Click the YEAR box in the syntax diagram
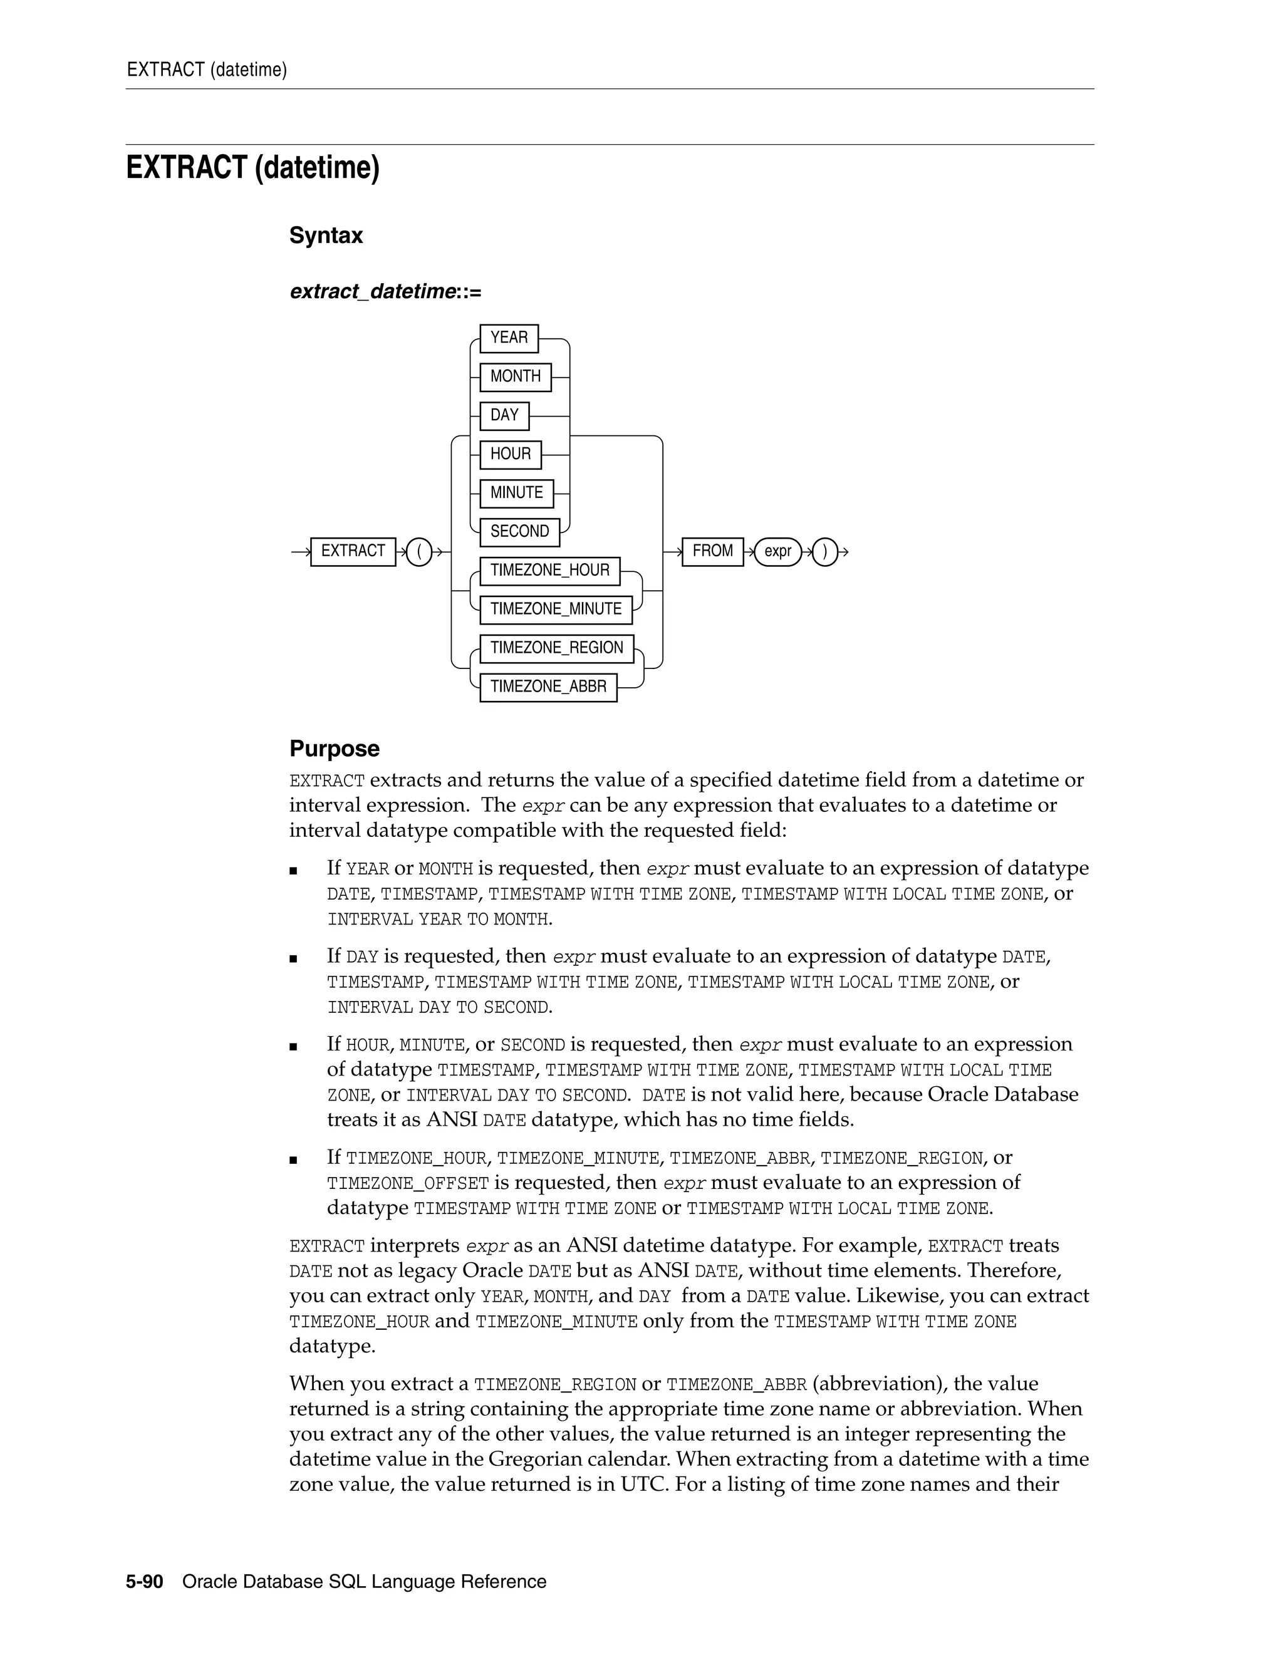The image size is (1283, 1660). pos(509,338)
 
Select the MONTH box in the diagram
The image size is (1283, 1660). pos(516,377)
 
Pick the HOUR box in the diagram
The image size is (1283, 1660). pos(510,455)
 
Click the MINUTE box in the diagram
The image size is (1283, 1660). pos(516,493)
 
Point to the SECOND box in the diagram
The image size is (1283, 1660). pos(519,532)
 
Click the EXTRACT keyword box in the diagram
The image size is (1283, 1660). pos(353,551)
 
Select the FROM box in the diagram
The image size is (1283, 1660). pos(712,551)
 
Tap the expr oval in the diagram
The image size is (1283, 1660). pos(777,551)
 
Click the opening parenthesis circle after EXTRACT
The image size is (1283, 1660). pos(419,551)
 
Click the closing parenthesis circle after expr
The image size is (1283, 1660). pos(824,551)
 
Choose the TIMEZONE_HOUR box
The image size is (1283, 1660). pos(549,571)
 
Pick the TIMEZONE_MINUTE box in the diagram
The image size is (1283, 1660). pos(556,610)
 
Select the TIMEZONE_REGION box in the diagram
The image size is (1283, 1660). pos(556,648)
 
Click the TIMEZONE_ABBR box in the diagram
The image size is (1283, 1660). pos(548,687)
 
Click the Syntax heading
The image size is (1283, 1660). pos(325,236)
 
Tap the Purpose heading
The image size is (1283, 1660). pos(334,749)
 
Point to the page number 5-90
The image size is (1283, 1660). pos(145,1582)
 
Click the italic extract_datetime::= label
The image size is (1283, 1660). pos(385,292)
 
